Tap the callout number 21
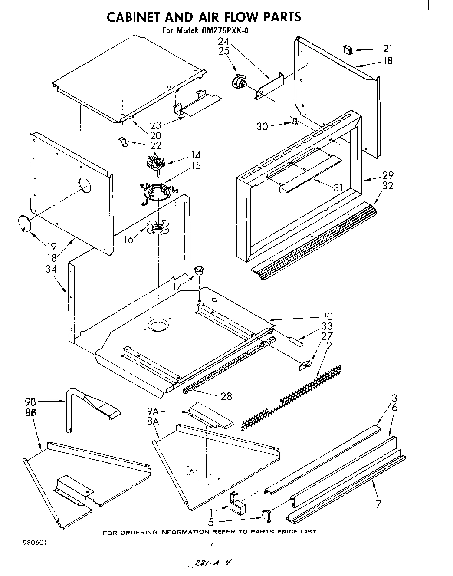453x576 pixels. pyautogui.click(x=387, y=49)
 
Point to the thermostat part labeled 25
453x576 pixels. pyautogui.click(x=238, y=81)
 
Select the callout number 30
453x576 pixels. pyautogui.click(x=262, y=126)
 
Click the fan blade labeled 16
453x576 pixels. pyautogui.click(x=158, y=227)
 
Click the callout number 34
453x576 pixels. pyautogui.click(x=51, y=269)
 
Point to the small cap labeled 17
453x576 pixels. pyautogui.click(x=199, y=271)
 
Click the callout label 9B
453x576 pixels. pyautogui.click(x=30, y=401)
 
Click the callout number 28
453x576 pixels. pyautogui.click(x=226, y=396)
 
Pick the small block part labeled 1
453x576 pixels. pyautogui.click(x=236, y=503)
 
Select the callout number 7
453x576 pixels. pyautogui.click(x=379, y=504)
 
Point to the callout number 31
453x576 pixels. pyautogui.click(x=338, y=188)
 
